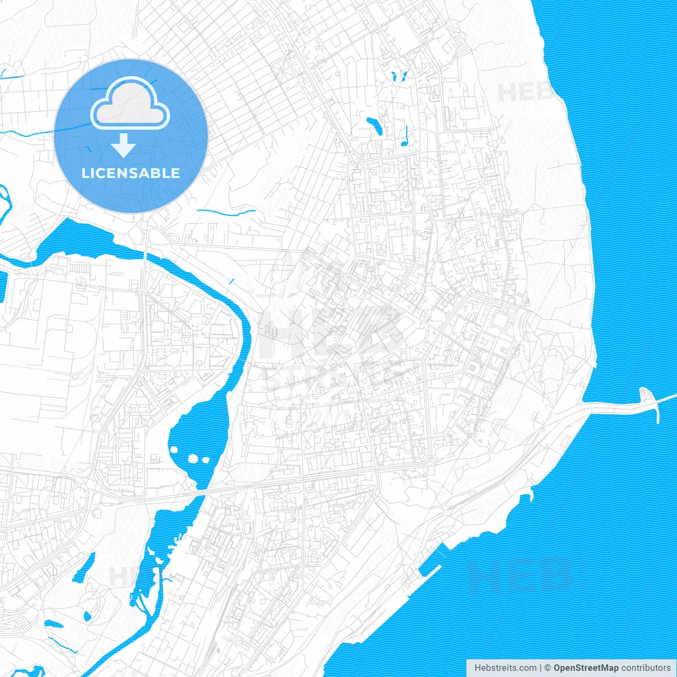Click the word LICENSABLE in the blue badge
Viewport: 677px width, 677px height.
(131, 173)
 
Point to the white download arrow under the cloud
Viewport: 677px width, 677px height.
(123, 145)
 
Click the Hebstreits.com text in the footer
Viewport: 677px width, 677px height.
(505, 668)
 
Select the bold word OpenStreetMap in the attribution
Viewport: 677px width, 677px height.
(585, 668)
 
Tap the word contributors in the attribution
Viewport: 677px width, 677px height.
(645, 668)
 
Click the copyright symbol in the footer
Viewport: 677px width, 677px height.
(547, 668)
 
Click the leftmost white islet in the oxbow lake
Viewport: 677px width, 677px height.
(174, 450)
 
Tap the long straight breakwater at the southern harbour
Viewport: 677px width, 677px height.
(431, 574)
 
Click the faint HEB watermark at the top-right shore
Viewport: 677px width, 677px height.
(524, 92)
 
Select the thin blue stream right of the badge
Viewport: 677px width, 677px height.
(226, 213)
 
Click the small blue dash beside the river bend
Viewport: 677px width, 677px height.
(231, 281)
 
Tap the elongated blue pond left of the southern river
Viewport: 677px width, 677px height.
(84, 568)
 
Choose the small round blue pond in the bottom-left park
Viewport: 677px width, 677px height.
(87, 616)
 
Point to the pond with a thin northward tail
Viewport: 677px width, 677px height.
(405, 139)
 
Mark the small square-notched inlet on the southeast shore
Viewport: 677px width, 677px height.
(526, 497)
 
